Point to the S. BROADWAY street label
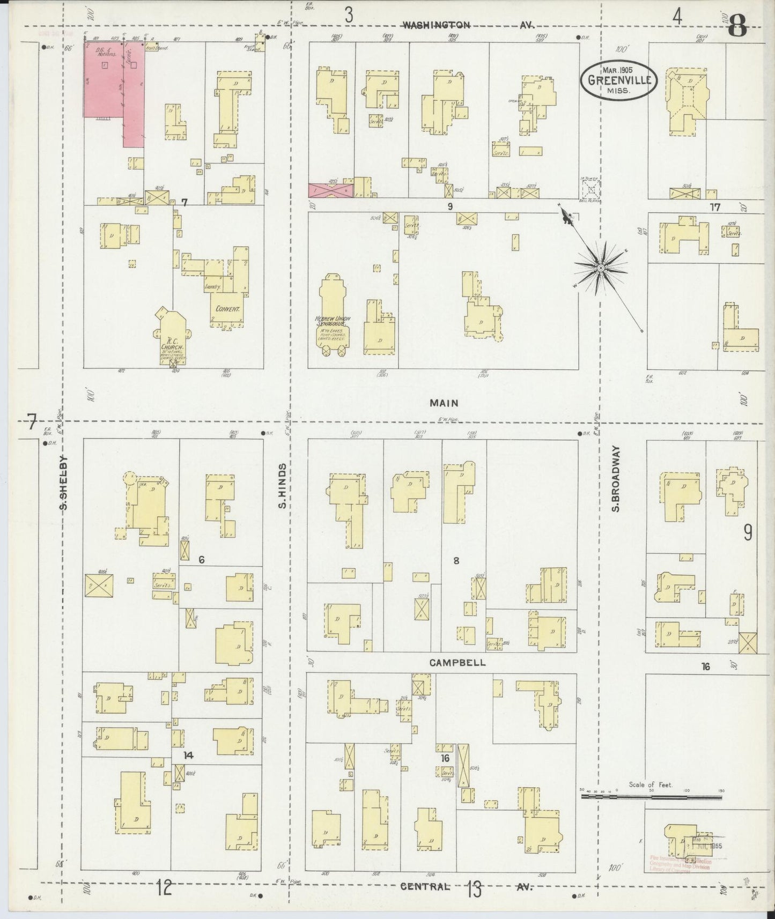[x=616, y=478]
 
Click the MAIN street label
[x=444, y=403]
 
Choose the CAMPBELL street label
[x=457, y=663]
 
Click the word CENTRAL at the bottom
[x=425, y=886]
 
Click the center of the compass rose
[x=601, y=266]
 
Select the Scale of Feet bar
[x=652, y=797]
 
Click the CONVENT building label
[x=227, y=309]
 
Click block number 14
[x=188, y=755]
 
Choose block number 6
[x=201, y=560]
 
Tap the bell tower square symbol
[x=592, y=189]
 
